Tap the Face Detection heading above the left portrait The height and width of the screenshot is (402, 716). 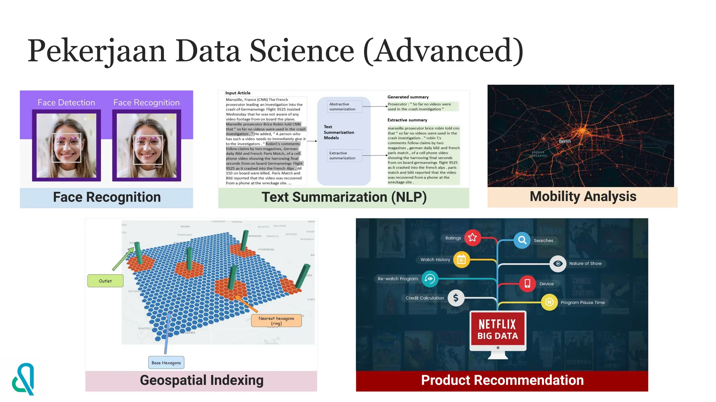pos(66,103)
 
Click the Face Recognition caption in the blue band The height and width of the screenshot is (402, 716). pos(107,197)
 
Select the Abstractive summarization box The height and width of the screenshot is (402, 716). pos(344,106)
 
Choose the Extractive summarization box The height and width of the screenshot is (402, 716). pos(344,156)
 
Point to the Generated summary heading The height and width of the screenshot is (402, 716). pos(408,97)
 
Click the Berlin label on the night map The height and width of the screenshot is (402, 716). pos(565,141)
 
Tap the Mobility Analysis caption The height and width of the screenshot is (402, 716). pos(582,196)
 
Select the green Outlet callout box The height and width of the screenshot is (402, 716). pos(105,281)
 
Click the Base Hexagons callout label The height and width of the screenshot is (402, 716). pos(166,363)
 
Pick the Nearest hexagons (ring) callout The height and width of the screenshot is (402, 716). pos(276,321)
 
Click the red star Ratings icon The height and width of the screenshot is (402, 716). pos(472,238)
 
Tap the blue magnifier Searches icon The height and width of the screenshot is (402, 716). pos(522,240)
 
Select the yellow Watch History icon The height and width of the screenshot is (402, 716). pos(461,260)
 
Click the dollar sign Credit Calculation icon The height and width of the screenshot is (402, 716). pos(456,298)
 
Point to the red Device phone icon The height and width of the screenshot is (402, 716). pos(527,283)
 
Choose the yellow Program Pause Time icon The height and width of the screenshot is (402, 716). pos(549,302)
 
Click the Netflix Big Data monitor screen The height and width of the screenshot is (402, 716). pos(497,330)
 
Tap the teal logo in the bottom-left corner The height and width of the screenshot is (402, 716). pos(23,379)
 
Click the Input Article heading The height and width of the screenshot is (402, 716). pos(238,93)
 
